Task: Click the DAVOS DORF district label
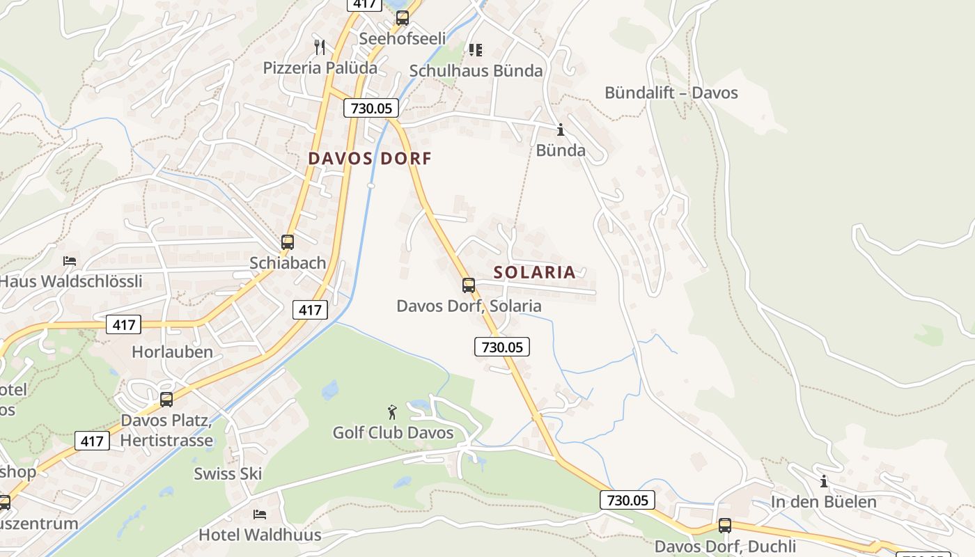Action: (x=370, y=159)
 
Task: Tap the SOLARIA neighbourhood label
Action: (x=535, y=272)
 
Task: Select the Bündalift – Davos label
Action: (x=671, y=93)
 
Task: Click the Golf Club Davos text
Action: (x=393, y=433)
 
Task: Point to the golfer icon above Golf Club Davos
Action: (x=393, y=412)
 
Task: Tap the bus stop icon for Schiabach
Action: (x=288, y=242)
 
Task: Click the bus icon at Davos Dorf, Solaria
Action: (x=469, y=285)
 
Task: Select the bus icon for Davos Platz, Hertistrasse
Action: (x=166, y=400)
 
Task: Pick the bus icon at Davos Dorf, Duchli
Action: (x=725, y=526)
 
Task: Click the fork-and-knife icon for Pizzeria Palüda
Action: (x=320, y=47)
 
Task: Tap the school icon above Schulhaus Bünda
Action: (x=476, y=49)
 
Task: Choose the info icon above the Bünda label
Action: (x=561, y=130)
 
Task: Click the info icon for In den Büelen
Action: (x=824, y=481)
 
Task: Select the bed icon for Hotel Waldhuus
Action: (x=260, y=515)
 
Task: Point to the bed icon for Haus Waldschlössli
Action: (x=70, y=261)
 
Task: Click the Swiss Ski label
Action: (x=228, y=473)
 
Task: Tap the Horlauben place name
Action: (x=172, y=352)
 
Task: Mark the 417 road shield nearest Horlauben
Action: (x=124, y=324)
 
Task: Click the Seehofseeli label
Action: (x=402, y=38)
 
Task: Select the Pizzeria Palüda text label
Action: (x=320, y=68)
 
